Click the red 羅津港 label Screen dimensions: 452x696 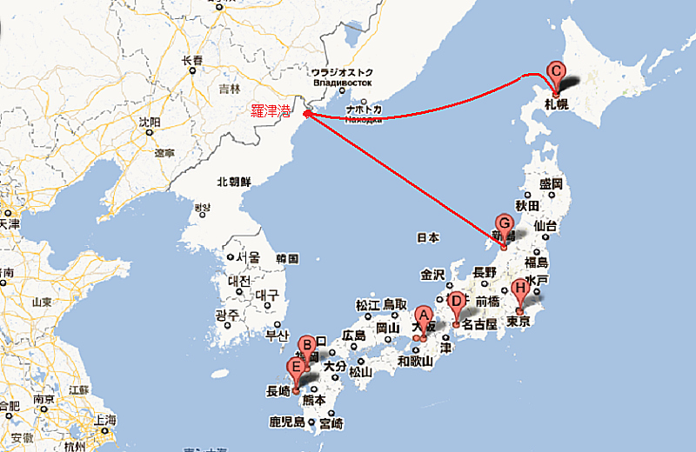(270, 110)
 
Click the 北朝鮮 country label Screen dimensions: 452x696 (233, 182)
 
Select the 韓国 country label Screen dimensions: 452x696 (287, 259)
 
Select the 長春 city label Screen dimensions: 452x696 (191, 61)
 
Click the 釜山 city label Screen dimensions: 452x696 (277, 335)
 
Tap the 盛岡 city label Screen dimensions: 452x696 (552, 184)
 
